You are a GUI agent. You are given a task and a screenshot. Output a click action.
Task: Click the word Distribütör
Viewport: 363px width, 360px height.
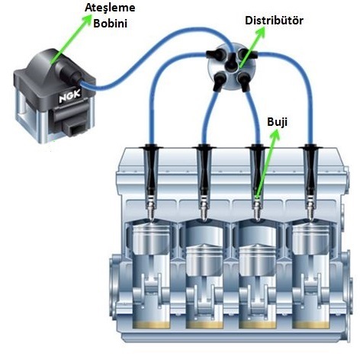point(274,21)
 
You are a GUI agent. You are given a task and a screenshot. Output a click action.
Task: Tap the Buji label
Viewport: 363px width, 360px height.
point(277,122)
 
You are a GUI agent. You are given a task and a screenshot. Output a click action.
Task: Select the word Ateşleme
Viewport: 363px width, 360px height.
point(110,8)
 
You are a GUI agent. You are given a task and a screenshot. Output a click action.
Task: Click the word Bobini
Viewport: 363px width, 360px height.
point(110,24)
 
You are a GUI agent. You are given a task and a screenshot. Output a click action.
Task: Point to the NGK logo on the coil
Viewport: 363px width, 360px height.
point(70,95)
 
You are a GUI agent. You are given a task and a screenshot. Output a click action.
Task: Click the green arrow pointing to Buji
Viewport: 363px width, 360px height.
point(267,164)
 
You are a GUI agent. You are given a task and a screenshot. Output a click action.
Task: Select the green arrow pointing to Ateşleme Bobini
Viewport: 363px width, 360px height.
point(71,39)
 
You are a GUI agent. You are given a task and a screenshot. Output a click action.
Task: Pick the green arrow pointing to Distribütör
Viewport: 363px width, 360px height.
point(252,47)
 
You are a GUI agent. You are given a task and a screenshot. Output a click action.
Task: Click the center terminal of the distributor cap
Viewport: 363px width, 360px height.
point(231,62)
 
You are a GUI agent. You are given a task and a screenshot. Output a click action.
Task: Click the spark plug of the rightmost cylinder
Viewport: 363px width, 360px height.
point(311,208)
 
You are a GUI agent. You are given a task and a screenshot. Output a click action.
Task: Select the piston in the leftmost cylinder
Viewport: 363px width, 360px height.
point(152,239)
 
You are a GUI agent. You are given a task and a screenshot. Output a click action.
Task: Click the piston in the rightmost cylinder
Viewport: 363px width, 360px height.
point(311,239)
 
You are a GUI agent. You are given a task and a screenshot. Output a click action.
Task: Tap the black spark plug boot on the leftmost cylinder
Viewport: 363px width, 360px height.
point(152,170)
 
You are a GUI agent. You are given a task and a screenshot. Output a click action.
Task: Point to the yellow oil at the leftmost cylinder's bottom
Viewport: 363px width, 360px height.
point(152,325)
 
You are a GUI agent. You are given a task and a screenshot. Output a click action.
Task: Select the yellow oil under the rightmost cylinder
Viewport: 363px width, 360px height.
point(311,325)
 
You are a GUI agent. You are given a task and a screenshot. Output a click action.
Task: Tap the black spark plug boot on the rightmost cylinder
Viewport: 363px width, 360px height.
point(310,170)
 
